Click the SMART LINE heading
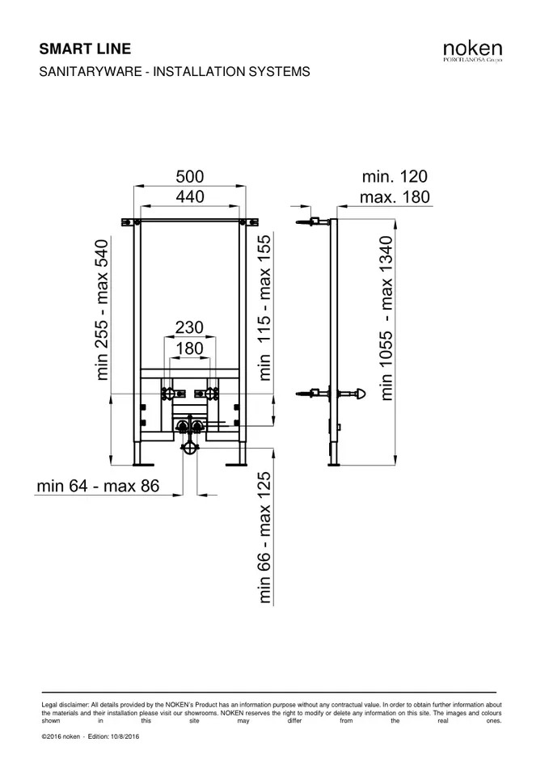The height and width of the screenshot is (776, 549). (85, 49)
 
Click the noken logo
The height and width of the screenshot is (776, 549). (472, 51)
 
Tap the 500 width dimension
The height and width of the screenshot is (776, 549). (190, 176)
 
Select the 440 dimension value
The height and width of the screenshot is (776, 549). (190, 196)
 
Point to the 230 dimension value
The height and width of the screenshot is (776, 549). (189, 327)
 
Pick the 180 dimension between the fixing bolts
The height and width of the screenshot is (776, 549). (189, 349)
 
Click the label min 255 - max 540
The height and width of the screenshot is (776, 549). (102, 310)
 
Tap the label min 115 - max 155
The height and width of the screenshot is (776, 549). (265, 308)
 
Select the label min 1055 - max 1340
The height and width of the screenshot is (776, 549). (386, 318)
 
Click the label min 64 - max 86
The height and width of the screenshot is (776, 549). (98, 486)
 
